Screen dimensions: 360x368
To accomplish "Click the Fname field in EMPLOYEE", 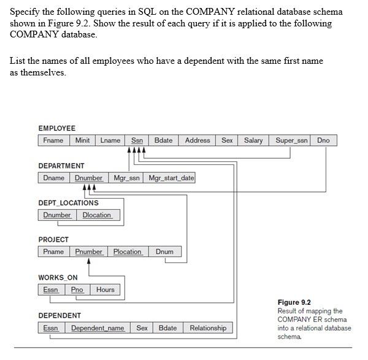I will point(53,140).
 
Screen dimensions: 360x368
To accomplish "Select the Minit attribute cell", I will point(82,140).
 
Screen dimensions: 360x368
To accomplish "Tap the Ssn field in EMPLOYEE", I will point(137,140).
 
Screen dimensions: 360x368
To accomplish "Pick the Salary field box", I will point(253,140).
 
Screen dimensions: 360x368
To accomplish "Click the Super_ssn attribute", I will point(292,140).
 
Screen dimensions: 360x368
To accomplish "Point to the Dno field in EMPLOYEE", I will point(323,140).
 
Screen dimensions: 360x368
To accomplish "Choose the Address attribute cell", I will point(197,140).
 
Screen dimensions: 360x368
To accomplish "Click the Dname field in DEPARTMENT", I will point(54,178).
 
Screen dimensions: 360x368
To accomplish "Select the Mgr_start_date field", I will point(171,178).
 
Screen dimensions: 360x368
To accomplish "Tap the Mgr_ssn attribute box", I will point(127,178).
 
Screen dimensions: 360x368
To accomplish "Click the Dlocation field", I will point(97,215).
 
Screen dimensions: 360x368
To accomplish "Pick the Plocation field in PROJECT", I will point(128,252).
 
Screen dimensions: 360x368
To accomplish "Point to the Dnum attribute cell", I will point(164,252).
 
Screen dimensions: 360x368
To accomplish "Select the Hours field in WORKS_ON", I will point(105,289).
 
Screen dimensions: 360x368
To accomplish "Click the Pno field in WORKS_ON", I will point(77,289).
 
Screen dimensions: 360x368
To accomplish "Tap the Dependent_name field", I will point(98,328).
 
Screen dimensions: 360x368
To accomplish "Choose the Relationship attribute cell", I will point(208,328).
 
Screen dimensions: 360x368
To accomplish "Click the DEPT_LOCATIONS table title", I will point(68,203).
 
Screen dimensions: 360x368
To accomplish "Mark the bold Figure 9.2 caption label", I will point(294,302).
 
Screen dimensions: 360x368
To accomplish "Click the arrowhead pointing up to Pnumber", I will point(90,261).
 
